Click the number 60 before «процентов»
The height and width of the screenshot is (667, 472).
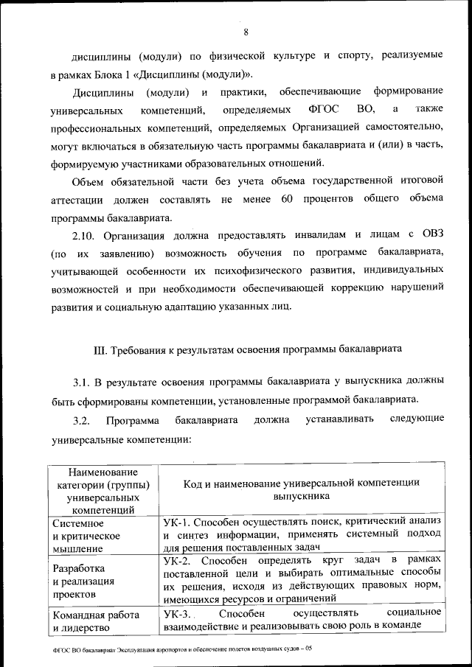[x=288, y=200]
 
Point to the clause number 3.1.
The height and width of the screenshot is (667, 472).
[x=80, y=382]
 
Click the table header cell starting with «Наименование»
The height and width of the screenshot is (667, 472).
[x=103, y=489]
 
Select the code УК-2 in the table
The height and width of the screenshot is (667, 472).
[x=178, y=562]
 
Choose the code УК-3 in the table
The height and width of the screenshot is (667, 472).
[x=178, y=613]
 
